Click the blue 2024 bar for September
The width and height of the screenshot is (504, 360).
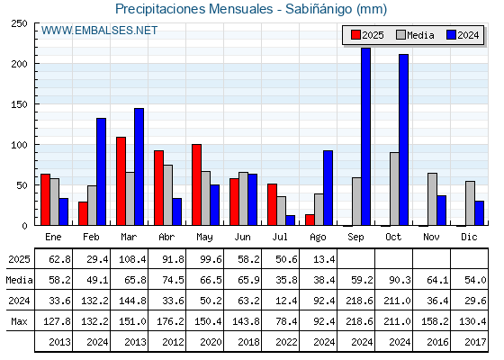click(365, 137)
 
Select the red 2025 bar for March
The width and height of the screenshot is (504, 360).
click(121, 181)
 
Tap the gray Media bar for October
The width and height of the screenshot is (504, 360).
click(394, 189)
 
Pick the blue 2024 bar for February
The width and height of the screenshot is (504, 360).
click(101, 172)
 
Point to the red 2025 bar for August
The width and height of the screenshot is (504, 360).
click(310, 220)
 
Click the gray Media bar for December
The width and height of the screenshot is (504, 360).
click(470, 203)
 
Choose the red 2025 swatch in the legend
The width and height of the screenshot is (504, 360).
click(355, 35)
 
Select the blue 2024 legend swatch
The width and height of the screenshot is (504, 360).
click(451, 35)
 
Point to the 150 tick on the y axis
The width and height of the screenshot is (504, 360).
click(19, 104)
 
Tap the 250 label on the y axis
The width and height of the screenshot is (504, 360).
click(19, 23)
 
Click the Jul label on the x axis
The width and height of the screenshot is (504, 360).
click(280, 237)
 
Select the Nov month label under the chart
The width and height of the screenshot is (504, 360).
click(431, 237)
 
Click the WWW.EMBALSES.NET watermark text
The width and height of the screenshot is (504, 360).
click(99, 31)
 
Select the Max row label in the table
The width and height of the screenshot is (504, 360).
click(19, 321)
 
